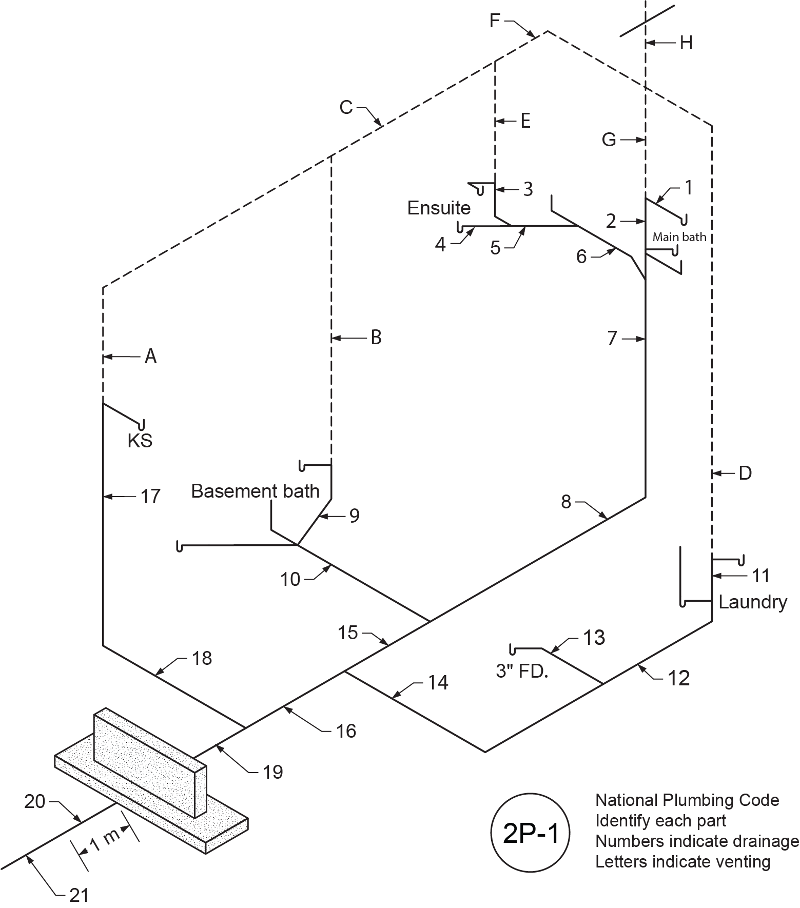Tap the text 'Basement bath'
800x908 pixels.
(255, 491)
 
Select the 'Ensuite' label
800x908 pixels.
(439, 208)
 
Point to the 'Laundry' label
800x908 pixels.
(752, 602)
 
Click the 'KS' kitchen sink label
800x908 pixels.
(140, 441)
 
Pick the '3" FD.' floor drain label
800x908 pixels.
(522, 671)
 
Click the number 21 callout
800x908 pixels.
(79, 895)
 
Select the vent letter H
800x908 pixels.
(686, 44)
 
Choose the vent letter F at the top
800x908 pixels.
(495, 21)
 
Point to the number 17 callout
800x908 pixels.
(150, 496)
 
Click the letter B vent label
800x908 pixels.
(376, 338)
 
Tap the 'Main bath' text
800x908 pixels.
(679, 237)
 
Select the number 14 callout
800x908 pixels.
(438, 683)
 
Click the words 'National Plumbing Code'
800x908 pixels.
(687, 800)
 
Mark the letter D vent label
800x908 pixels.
(745, 472)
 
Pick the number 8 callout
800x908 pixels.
(566, 502)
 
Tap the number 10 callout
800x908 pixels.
(290, 579)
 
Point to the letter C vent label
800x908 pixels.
(346, 108)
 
